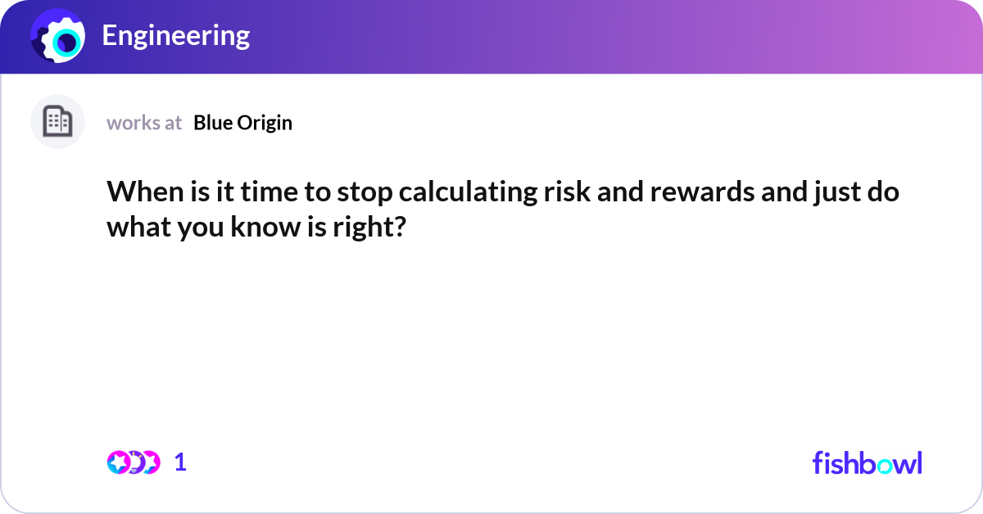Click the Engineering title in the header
pyautogui.click(x=175, y=36)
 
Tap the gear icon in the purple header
pyautogui.click(x=58, y=38)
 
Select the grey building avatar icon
pyautogui.click(x=57, y=122)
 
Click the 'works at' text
pyautogui.click(x=144, y=123)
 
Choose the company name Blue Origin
pyautogui.click(x=242, y=123)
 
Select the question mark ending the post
pyautogui.click(x=400, y=226)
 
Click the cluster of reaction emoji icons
pyautogui.click(x=134, y=462)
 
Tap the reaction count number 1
pyautogui.click(x=180, y=462)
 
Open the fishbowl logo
pyautogui.click(x=867, y=462)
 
